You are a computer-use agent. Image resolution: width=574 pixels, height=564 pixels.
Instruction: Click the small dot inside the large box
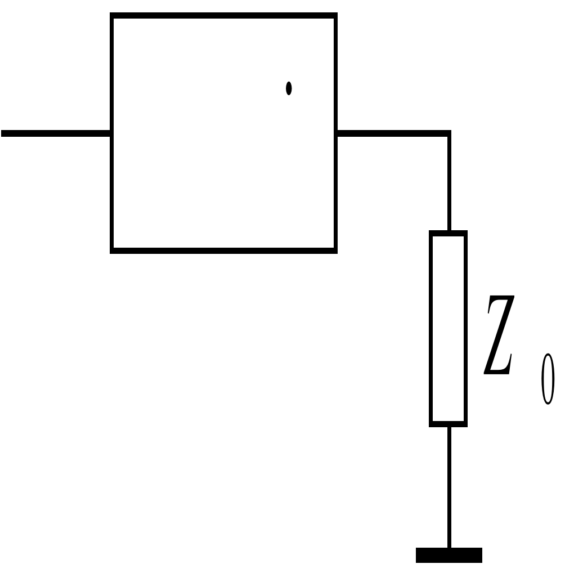289,88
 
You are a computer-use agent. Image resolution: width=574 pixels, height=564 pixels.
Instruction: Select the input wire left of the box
56,133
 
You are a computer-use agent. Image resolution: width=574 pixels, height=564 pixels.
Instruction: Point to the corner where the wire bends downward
449,134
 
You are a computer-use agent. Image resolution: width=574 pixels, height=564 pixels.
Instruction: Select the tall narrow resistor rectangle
449,328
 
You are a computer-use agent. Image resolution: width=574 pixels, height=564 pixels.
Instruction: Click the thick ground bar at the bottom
449,555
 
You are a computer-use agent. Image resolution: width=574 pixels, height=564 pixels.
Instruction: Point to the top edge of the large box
224,16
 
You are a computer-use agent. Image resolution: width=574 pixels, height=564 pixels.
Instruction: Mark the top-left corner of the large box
113,16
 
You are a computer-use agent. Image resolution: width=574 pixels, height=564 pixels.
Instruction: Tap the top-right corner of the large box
335,16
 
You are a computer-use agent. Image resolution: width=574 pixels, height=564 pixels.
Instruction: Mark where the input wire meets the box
112,133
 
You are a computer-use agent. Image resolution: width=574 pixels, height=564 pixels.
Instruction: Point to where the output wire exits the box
336,133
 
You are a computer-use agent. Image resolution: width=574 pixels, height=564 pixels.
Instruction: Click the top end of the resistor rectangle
449,233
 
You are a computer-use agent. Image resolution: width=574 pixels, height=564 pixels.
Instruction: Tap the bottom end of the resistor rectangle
449,423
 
